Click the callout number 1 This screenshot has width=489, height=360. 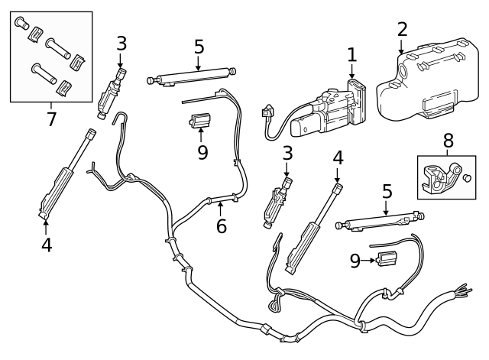tap(351, 54)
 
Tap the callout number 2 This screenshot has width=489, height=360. tap(402, 30)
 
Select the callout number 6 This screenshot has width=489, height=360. tap(222, 226)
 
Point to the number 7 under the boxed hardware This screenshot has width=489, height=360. tap(51, 118)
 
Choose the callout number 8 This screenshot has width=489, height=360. tap(448, 140)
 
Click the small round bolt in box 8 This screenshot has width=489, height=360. tap(468, 178)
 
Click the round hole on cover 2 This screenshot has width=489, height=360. tap(403, 70)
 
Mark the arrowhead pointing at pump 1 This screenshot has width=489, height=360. tap(351, 74)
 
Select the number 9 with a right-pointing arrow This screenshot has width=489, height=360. tap(355, 261)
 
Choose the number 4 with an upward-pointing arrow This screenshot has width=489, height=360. tap(46, 245)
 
